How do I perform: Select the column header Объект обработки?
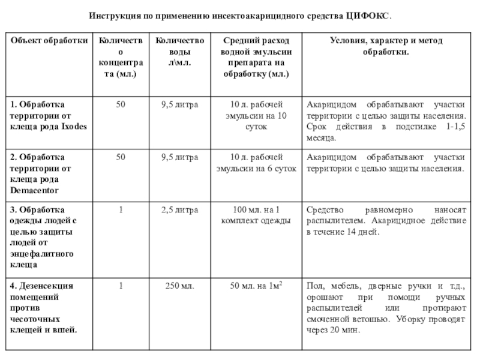48,40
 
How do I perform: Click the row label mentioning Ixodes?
48,116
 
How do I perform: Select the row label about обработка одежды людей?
48,237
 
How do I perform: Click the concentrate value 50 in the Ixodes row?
121,104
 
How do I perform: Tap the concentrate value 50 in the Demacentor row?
121,157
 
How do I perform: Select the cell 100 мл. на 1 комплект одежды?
256,215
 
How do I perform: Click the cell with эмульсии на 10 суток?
256,116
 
